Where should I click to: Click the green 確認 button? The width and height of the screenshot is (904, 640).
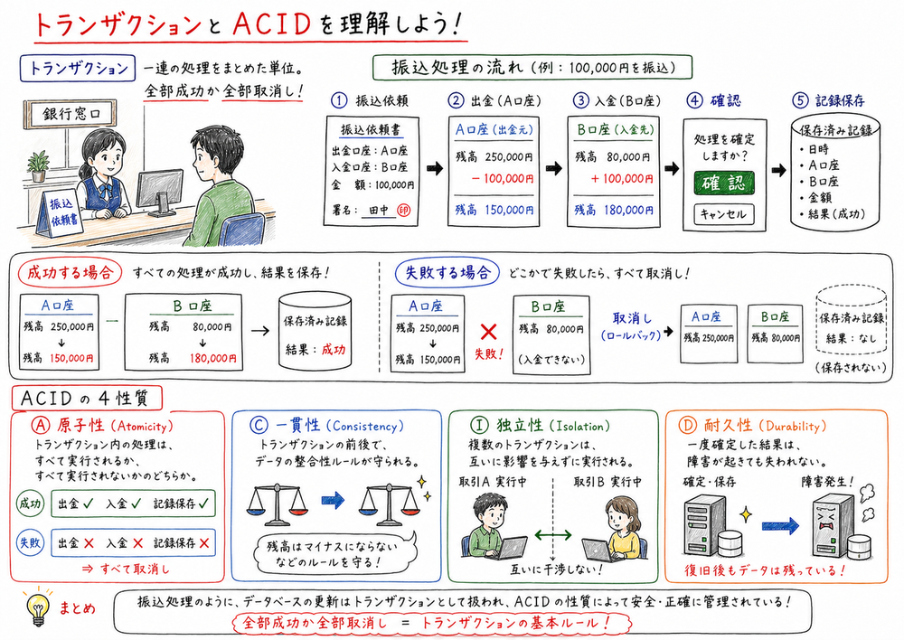pos(722,183)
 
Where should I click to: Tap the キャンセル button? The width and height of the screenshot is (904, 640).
pos(722,214)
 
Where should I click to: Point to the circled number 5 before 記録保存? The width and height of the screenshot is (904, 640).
pos(798,100)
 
